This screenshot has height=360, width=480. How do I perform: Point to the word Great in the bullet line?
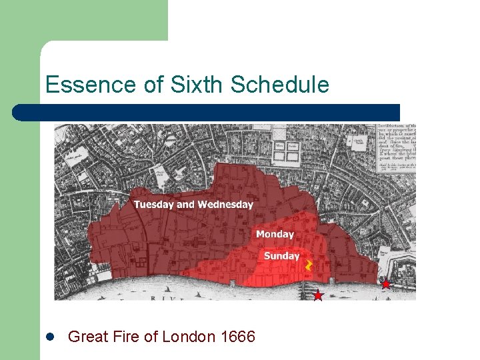(x=89, y=337)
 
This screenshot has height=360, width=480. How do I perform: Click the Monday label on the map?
(x=275, y=234)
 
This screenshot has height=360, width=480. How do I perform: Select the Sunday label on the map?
(x=281, y=256)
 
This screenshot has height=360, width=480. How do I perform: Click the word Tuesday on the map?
(x=153, y=204)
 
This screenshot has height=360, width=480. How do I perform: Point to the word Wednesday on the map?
(x=225, y=204)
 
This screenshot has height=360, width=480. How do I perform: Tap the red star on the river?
(x=318, y=295)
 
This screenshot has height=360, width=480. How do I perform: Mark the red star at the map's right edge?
(x=385, y=284)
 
